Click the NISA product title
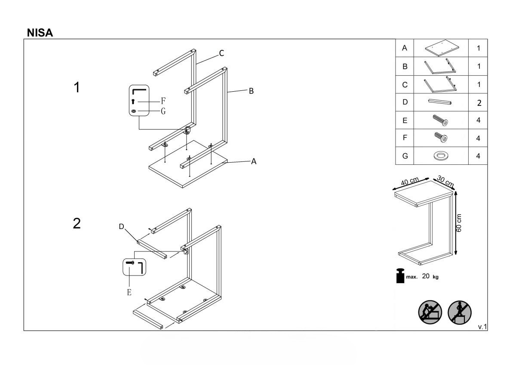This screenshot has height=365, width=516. pyautogui.click(x=40, y=33)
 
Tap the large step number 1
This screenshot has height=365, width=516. pyautogui.click(x=77, y=87)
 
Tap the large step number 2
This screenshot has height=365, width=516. pyautogui.click(x=77, y=223)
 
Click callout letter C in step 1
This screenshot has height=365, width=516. pyautogui.click(x=221, y=53)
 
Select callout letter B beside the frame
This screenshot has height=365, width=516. pyautogui.click(x=251, y=91)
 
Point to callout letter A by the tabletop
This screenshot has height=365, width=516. pyautogui.click(x=254, y=161)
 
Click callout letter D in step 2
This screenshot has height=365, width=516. pyautogui.click(x=121, y=226)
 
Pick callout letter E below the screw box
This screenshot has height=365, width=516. pyautogui.click(x=129, y=292)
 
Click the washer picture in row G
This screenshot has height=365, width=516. pyautogui.click(x=441, y=156)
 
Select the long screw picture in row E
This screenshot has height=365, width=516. pyautogui.click(x=440, y=120)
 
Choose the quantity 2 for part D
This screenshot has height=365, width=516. pyautogui.click(x=479, y=103)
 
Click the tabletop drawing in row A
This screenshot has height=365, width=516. pyautogui.click(x=442, y=48)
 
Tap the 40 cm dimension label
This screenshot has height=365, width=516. pyautogui.click(x=410, y=182)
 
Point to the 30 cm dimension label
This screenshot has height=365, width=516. pyautogui.click(x=445, y=182)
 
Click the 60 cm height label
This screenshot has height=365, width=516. pyautogui.click(x=459, y=223)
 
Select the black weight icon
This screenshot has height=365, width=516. pyautogui.click(x=400, y=276)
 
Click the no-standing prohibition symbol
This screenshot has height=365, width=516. pyautogui.click(x=460, y=312)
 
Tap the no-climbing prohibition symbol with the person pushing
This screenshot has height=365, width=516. pyautogui.click(x=430, y=312)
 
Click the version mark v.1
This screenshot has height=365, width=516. pyautogui.click(x=482, y=327)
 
